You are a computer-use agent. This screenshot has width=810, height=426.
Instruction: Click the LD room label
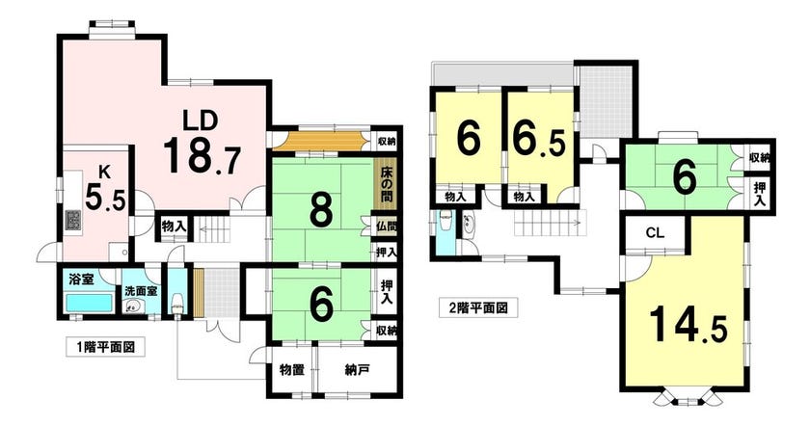pyautogui.click(x=201, y=120)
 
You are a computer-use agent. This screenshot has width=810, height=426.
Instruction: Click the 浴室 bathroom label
pyautogui.click(x=81, y=280)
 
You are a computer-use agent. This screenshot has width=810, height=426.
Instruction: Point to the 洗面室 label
pyautogui.click(x=141, y=291)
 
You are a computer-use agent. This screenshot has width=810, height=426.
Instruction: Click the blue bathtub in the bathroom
pyautogui.click(x=90, y=303)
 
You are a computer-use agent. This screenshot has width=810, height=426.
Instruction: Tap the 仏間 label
pyautogui.click(x=387, y=226)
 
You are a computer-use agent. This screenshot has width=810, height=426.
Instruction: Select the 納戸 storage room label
pyautogui.click(x=357, y=370)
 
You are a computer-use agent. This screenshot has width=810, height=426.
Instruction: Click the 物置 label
pyautogui.click(x=292, y=370)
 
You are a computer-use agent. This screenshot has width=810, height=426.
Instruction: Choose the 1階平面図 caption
pyautogui.click(x=105, y=347)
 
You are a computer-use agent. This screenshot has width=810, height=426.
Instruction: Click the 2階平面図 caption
pyautogui.click(x=477, y=308)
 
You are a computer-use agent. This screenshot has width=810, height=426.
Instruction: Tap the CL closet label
pyautogui.click(x=655, y=233)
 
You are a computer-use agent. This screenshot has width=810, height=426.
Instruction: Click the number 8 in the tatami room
pyautogui.click(x=321, y=211)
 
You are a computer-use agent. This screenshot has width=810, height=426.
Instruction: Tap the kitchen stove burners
pyautogui.click(x=72, y=221)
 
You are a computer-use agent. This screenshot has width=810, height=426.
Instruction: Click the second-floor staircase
pyautogui.click(x=548, y=223)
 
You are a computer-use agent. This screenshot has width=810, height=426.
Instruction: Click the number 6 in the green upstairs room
pyautogui.click(x=686, y=177)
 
